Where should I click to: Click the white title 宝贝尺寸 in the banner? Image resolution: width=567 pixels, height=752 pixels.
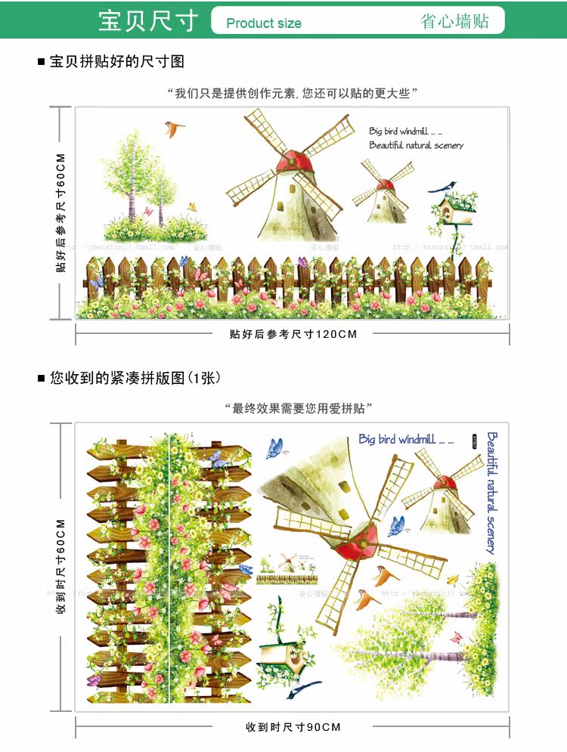coord(148,20)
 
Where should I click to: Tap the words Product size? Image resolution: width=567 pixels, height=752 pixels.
coord(263,23)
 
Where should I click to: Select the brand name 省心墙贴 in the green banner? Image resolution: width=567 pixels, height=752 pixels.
coord(454,21)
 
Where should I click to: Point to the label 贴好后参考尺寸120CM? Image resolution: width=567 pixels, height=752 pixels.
coord(293,334)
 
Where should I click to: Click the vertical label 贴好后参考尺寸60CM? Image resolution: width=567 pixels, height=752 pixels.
coord(61,212)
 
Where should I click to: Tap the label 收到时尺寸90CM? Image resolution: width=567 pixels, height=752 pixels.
coord(293,727)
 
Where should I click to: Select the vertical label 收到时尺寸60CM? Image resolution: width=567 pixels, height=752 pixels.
coord(61,566)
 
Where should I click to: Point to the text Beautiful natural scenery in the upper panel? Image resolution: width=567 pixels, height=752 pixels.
coord(416,145)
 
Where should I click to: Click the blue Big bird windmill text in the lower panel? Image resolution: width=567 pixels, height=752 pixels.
coord(406,439)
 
